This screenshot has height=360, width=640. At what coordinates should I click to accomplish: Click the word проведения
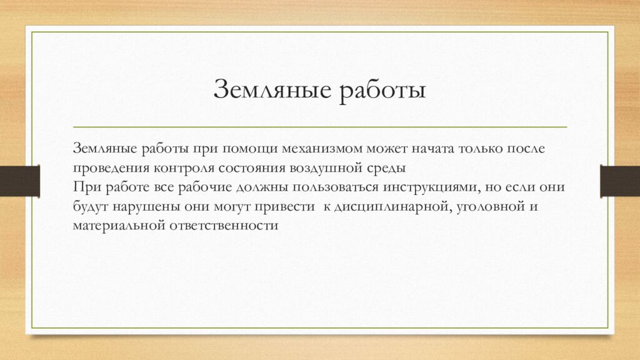(111, 168)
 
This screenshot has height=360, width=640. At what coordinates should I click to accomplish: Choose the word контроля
(187, 168)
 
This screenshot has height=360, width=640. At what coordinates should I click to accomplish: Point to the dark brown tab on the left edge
(19, 181)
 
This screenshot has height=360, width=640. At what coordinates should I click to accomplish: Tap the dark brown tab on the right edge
(620, 181)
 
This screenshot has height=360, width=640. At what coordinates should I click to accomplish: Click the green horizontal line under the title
(320, 127)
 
